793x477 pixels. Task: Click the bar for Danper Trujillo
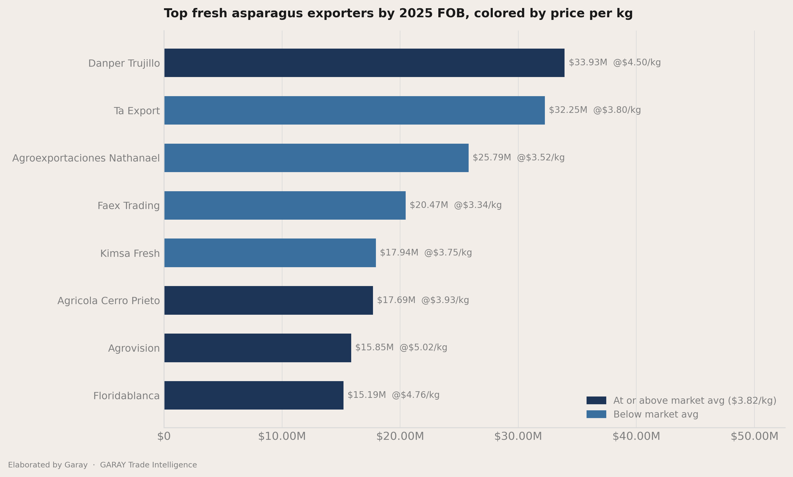(x=364, y=63)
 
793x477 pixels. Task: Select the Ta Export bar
(x=355, y=110)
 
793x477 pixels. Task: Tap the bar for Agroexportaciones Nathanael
(x=316, y=158)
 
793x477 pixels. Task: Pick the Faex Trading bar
(x=285, y=205)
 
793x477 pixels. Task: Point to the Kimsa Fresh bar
(x=270, y=253)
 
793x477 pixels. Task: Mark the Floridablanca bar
(x=254, y=395)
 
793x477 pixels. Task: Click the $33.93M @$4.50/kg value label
(x=614, y=63)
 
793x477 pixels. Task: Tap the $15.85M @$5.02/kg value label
(x=401, y=348)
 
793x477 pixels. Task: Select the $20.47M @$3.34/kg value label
(x=456, y=205)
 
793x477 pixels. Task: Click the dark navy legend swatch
(x=596, y=401)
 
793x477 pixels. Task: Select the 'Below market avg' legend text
(x=656, y=415)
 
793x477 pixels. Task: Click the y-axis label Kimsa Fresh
(x=130, y=254)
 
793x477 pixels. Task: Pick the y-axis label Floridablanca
(x=126, y=396)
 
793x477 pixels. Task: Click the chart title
(x=398, y=14)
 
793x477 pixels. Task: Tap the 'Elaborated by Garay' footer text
(x=48, y=465)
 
